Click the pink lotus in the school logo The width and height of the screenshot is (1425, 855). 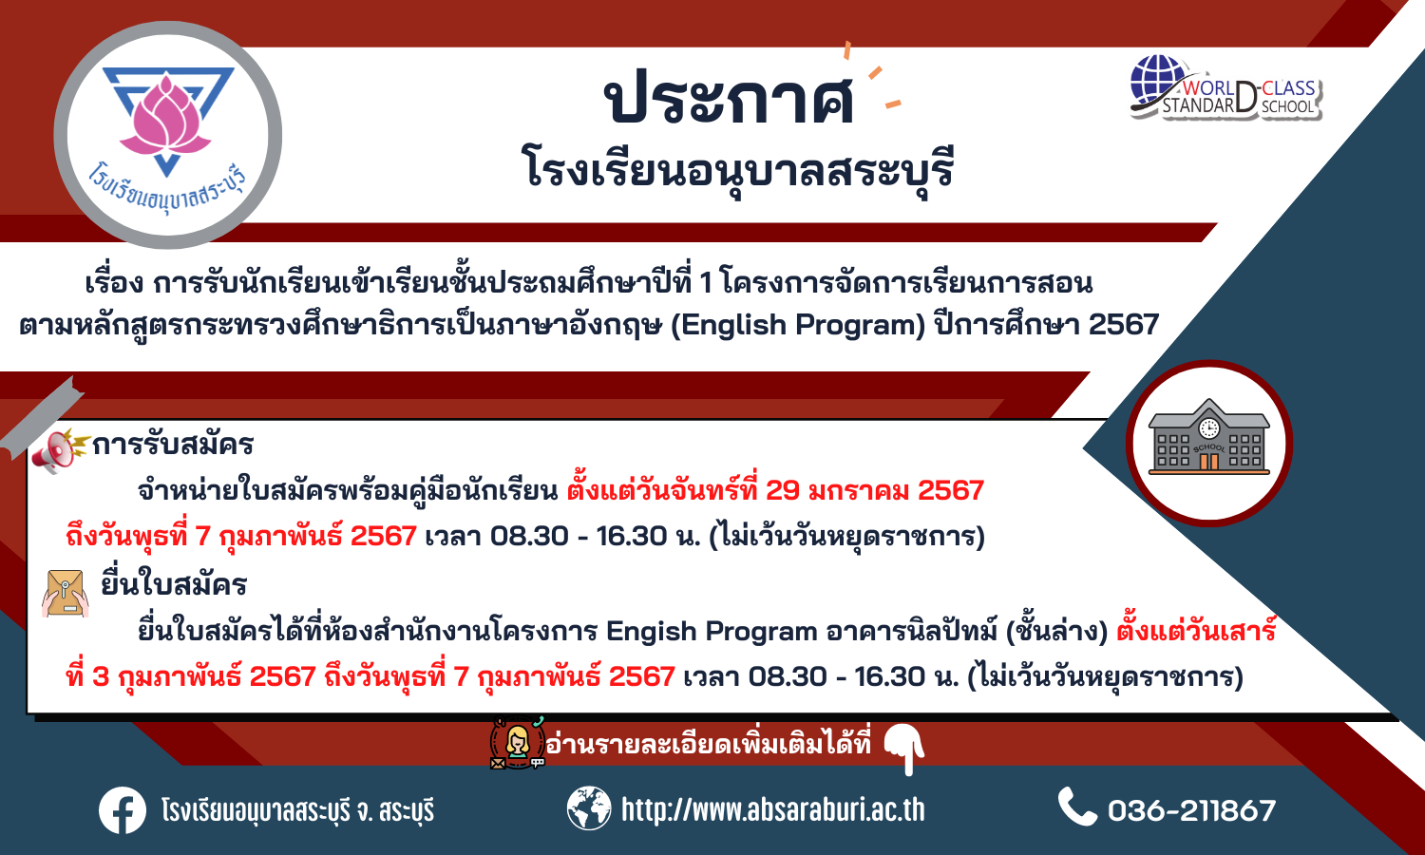pyautogui.click(x=165, y=119)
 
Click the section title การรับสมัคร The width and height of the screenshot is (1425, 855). pyautogui.click(x=173, y=444)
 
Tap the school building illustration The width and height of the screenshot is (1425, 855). pyautogui.click(x=1208, y=438)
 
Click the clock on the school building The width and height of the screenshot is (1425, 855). pyautogui.click(x=1208, y=428)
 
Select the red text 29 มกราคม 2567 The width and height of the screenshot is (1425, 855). pyautogui.click(x=875, y=490)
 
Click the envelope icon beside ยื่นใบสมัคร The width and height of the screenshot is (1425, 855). pyautogui.click(x=65, y=594)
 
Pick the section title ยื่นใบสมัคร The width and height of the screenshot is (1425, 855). pyautogui.click(x=174, y=585)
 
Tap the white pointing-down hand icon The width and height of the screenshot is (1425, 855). pyautogui.click(x=905, y=749)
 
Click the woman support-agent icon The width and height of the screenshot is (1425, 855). pyautogui.click(x=517, y=742)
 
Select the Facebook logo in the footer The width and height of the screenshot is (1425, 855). pyautogui.click(x=123, y=810)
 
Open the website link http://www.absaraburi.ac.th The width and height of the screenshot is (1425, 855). pyautogui.click(x=773, y=809)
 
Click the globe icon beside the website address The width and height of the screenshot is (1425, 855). pyautogui.click(x=589, y=808)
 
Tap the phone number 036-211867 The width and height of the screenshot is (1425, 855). pyautogui.click(x=1191, y=810)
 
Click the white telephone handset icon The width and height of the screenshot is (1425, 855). pyautogui.click(x=1077, y=807)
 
